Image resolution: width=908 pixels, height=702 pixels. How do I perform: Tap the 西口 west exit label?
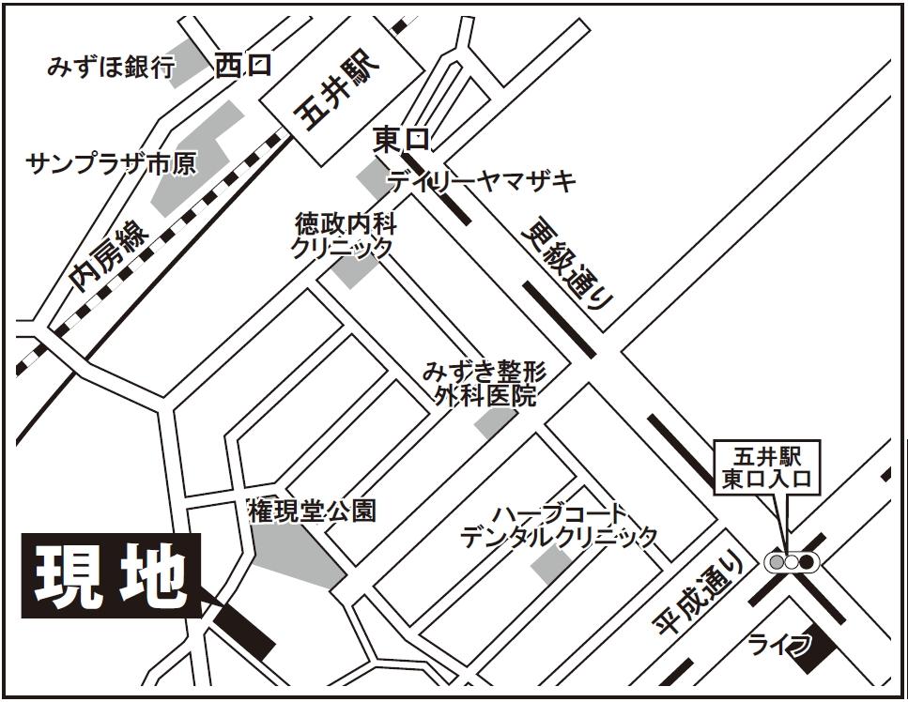click(242, 66)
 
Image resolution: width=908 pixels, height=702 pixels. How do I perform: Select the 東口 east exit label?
click(401, 140)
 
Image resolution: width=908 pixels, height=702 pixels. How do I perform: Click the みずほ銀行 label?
click(111, 68)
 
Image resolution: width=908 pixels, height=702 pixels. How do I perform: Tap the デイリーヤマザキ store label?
click(483, 182)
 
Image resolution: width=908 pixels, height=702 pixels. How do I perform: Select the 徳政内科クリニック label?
click(344, 236)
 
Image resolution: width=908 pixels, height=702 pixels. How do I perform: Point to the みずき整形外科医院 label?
click(484, 382)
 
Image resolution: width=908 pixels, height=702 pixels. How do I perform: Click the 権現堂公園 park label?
click(312, 511)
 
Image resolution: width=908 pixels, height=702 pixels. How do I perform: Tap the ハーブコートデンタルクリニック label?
click(558, 526)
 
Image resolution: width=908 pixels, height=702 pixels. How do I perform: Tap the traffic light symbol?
click(792, 562)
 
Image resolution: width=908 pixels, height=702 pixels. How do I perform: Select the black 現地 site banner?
click(111, 577)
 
